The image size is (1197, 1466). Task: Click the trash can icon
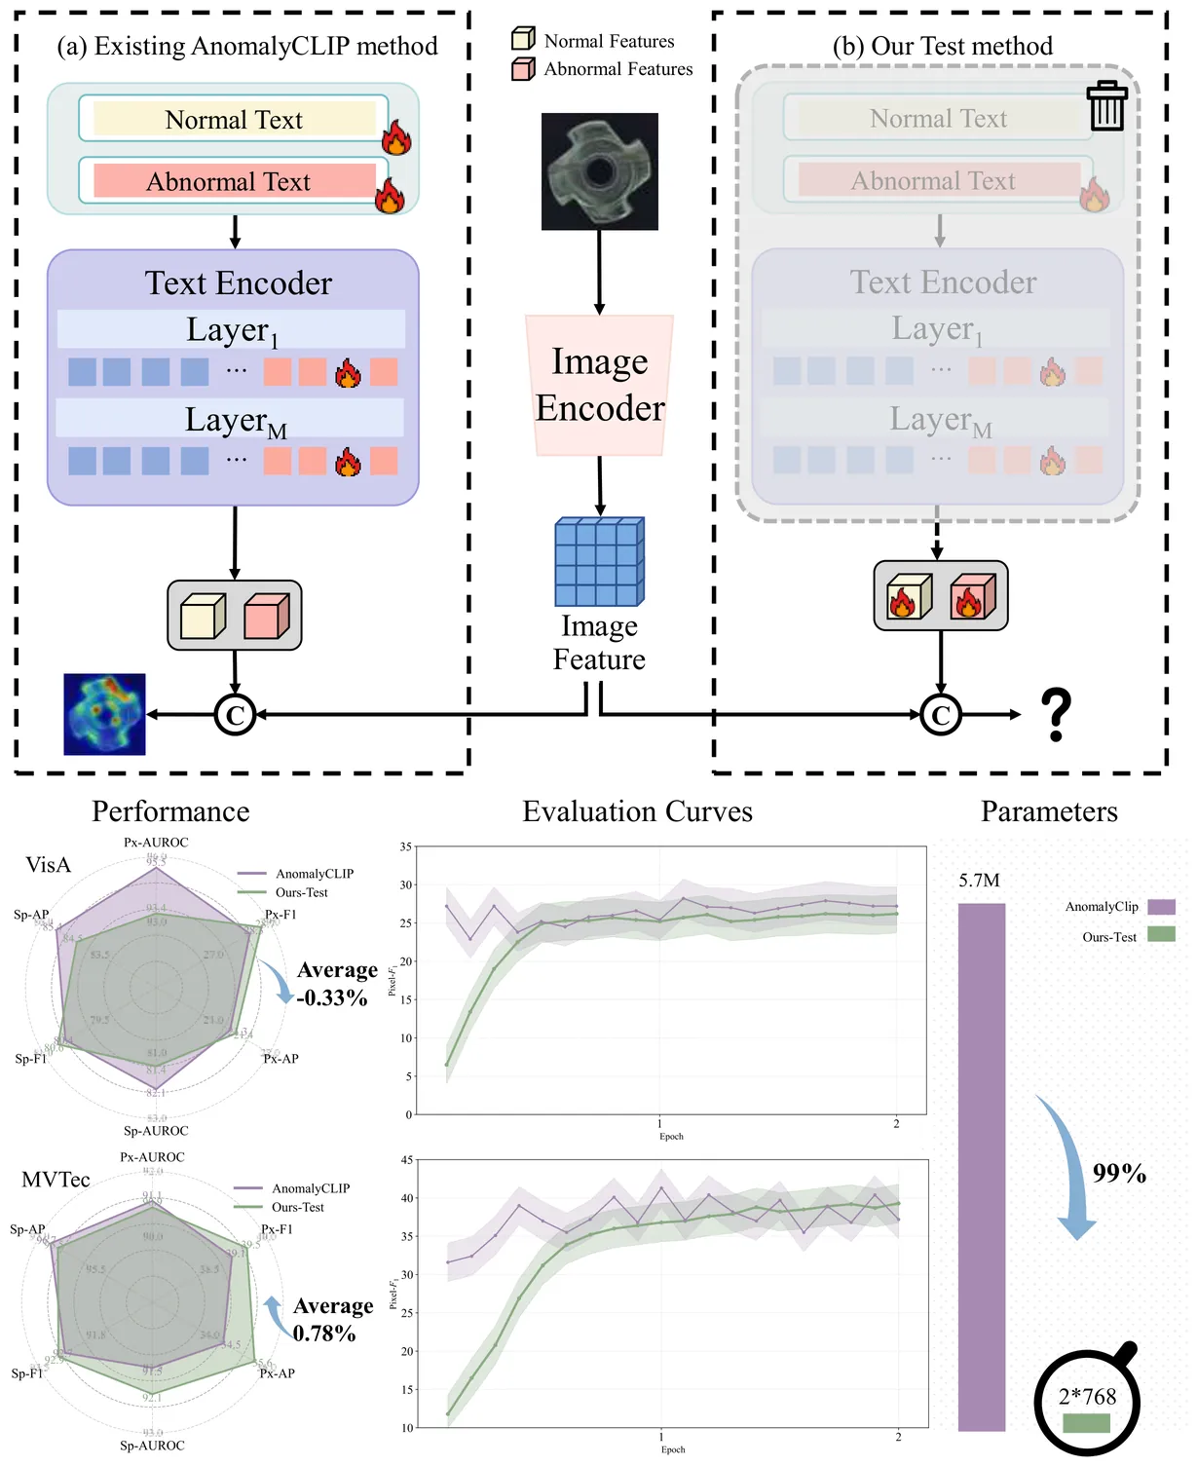coord(1106,106)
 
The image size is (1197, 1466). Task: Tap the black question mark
coord(1056,714)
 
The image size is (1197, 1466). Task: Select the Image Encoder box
coord(599,385)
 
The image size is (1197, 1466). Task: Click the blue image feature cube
coord(599,561)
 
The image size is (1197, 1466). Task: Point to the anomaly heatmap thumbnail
coord(104,714)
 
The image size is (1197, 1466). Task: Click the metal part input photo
coord(599,171)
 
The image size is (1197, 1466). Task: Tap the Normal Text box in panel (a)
coord(234,119)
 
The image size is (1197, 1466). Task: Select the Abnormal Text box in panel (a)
coord(234,181)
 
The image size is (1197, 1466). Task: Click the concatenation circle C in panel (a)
coord(235,715)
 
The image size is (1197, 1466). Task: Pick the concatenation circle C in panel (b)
coord(940,715)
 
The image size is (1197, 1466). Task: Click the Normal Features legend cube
coord(523,39)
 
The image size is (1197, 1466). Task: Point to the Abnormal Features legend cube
coord(523,68)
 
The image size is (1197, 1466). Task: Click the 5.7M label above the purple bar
coord(979,881)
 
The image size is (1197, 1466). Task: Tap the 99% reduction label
coord(1119,1173)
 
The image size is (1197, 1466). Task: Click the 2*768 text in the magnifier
coord(1087,1396)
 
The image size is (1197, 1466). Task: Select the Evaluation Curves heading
coord(637,811)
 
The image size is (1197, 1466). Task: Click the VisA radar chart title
coord(49,865)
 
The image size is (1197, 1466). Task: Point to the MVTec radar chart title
coord(56,1180)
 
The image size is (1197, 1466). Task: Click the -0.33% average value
coord(332,997)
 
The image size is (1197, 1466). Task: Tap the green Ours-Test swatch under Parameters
coord(1161,934)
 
